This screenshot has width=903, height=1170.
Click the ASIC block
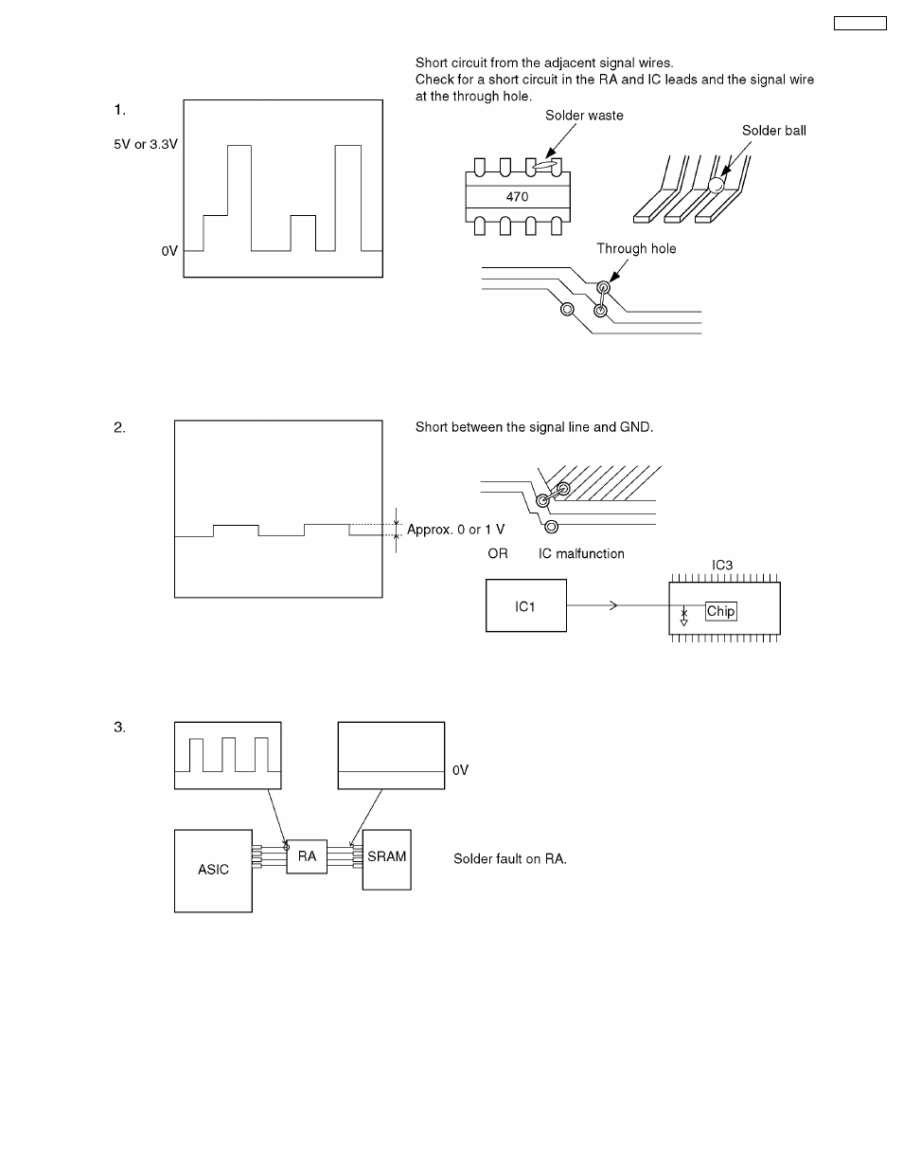[213, 870]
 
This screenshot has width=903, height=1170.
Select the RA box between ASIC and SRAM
[307, 856]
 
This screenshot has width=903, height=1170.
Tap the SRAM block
[386, 857]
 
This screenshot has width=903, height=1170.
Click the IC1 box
[525, 606]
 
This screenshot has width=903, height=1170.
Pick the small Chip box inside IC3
[720, 611]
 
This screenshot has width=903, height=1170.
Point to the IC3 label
[722, 566]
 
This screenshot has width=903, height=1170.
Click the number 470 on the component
[517, 197]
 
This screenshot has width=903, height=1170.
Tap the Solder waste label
[584, 116]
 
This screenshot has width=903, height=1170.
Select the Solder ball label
[773, 131]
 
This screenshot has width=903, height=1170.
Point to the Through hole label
[636, 248]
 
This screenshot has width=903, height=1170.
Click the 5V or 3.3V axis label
[146, 145]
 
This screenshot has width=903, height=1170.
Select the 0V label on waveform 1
[168, 251]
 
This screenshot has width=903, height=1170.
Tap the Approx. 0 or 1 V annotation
[455, 530]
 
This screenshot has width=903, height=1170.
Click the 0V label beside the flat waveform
[460, 770]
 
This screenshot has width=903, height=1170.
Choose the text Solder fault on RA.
[509, 859]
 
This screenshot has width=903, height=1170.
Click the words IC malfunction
[581, 553]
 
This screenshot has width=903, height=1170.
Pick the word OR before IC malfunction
[497, 553]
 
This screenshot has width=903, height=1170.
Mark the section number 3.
[119, 728]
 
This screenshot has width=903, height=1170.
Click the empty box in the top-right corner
[859, 23]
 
